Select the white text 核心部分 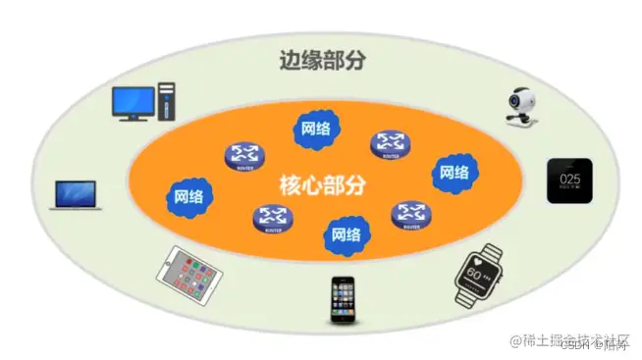coord(322,184)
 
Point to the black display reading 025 coord(569,180)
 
